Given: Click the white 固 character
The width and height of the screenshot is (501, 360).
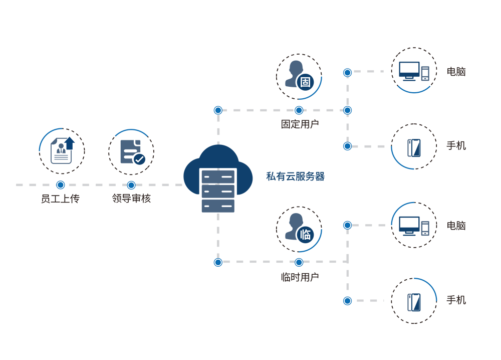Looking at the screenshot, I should tap(305, 82).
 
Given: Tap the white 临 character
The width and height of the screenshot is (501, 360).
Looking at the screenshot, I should tap(305, 234).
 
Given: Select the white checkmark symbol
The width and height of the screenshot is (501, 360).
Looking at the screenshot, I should tap(139, 159).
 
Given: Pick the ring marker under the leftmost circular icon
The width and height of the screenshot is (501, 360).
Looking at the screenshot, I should tap(61, 185).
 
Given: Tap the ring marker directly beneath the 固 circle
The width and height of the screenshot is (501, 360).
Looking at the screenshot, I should tap(299, 110).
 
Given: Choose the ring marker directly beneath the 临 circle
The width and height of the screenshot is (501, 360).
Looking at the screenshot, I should tap(299, 262).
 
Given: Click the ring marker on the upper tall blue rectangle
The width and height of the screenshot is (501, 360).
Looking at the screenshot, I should tap(218, 110).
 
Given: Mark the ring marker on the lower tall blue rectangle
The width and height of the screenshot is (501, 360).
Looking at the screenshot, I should tap(218, 262).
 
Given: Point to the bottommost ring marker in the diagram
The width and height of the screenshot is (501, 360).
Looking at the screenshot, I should tap(347, 301).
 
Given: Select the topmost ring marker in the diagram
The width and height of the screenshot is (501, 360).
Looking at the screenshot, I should tap(347, 73).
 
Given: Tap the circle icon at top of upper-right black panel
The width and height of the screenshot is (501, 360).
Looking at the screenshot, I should tap(414, 70).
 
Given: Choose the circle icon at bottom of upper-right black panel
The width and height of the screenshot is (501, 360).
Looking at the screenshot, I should tap(414, 147).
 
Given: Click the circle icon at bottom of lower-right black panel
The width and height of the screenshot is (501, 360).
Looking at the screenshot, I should tap(414, 302).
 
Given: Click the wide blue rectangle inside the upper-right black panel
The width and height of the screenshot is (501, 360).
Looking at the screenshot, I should tap(414, 96).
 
